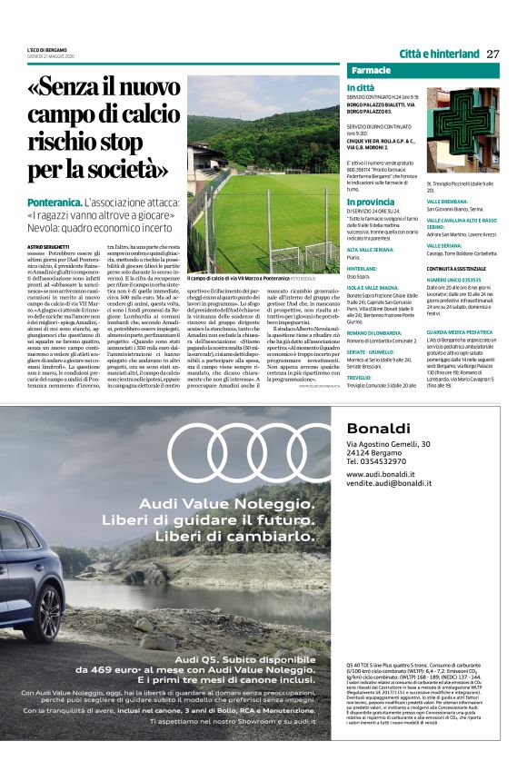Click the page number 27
coord(493,54)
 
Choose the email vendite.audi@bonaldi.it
coord(389,484)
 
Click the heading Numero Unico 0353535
coord(453,281)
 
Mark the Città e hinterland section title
coord(439,54)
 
